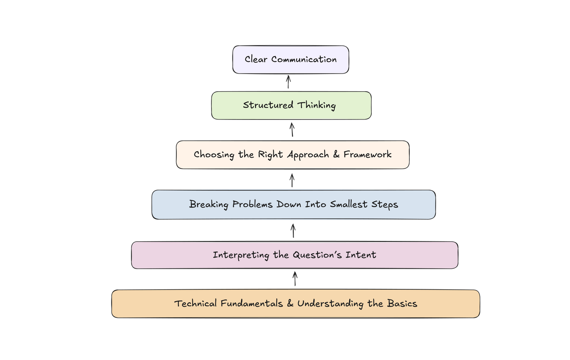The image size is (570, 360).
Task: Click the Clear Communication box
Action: point(290,60)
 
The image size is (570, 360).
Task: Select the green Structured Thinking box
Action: point(291,105)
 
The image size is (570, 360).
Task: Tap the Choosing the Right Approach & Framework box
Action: point(292,155)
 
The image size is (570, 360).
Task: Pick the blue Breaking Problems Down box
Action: point(293,205)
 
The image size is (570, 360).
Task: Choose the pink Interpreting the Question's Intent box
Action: point(294,255)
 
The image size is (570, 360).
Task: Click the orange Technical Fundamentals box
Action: point(295,304)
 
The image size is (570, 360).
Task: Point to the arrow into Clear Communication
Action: point(288,82)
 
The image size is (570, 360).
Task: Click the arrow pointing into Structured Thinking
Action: point(292,129)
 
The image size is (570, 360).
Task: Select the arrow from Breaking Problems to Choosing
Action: point(292,179)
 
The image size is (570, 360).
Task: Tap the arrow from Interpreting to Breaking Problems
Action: point(293,231)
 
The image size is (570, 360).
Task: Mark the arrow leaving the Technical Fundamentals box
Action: point(294,279)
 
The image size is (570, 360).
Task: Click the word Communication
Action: point(304,60)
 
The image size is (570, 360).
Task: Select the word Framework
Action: point(367,155)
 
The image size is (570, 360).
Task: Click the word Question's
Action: point(317,255)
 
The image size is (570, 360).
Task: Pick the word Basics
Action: point(402,304)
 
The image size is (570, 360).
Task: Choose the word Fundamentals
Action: point(252,304)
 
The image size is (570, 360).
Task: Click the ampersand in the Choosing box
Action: point(336,155)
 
